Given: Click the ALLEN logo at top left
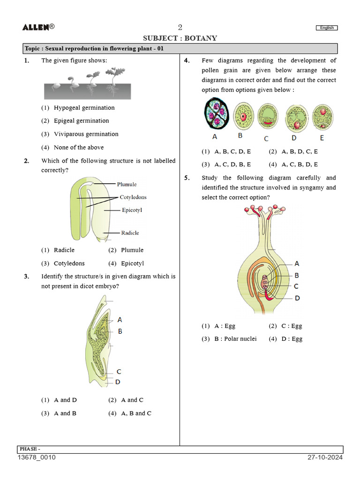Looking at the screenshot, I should (38, 27).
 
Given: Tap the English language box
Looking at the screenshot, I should (327, 28).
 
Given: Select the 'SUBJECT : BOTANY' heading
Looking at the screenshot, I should (180, 38).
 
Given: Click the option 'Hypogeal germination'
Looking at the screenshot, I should (84, 108).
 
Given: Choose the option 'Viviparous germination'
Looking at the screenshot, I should (86, 134).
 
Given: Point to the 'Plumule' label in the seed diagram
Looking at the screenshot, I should (127, 184).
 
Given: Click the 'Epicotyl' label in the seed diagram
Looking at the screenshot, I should (132, 210).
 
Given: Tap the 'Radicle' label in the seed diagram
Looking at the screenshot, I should (130, 233).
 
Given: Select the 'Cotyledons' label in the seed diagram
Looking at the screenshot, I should (133, 197).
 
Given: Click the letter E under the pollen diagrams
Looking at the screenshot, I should (322, 138).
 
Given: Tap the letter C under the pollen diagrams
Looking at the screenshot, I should (266, 139).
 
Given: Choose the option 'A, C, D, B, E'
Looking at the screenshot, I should (232, 165).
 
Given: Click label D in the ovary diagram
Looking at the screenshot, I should (297, 298).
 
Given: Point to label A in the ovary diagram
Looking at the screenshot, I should (297, 264).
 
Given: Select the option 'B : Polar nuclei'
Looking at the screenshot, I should (235, 339).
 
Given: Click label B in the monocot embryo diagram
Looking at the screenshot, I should (120, 331).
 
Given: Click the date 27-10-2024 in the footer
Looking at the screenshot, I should (325, 457).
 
